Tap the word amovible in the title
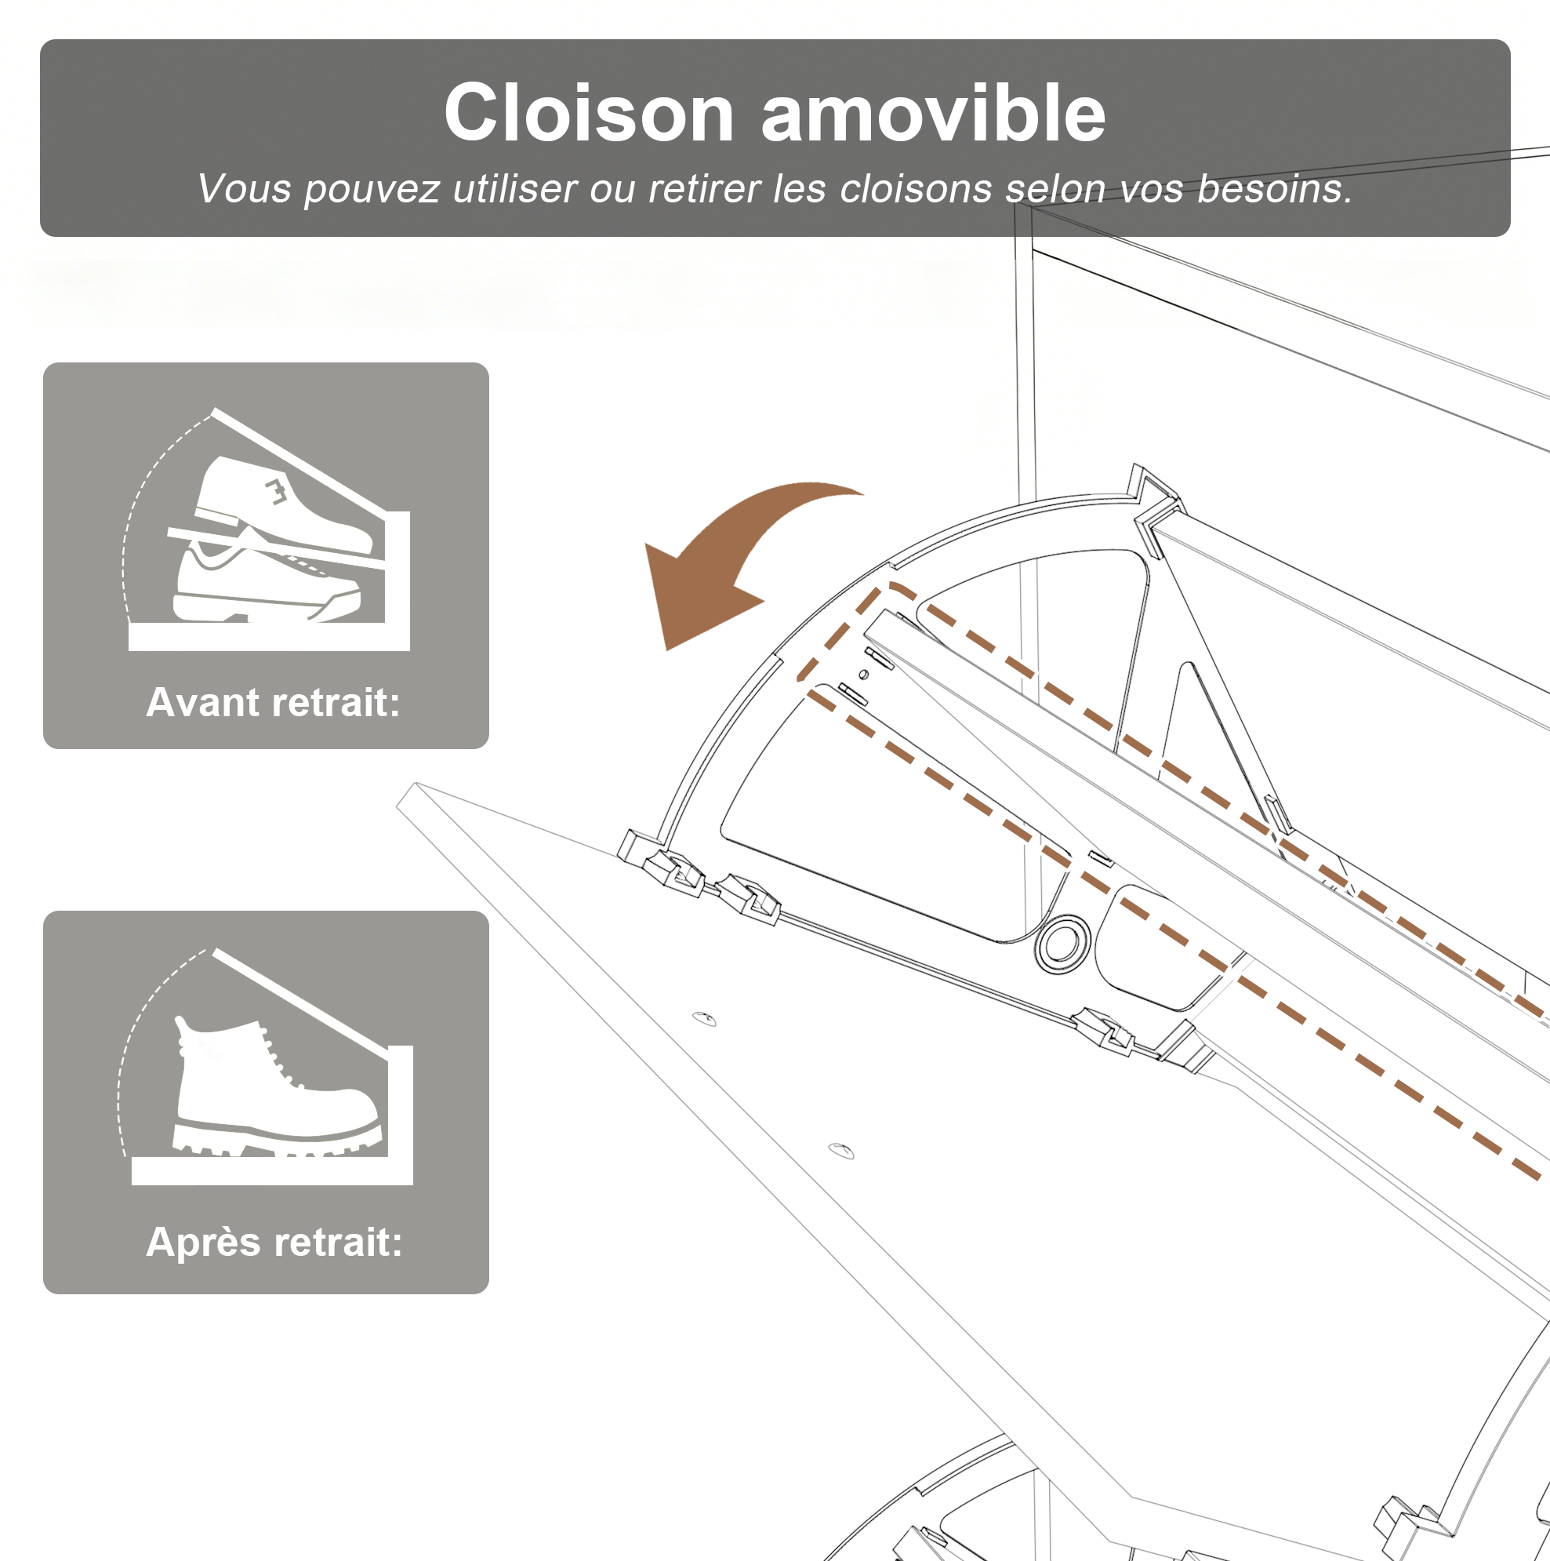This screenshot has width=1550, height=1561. (x=933, y=113)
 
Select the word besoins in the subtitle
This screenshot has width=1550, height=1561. (x=1275, y=189)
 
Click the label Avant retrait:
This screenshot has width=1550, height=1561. (x=273, y=702)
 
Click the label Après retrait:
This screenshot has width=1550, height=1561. (x=274, y=1242)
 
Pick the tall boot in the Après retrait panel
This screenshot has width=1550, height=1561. (x=274, y=1086)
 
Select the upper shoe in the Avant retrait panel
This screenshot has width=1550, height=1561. (x=283, y=504)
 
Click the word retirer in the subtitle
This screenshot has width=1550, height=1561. (x=703, y=189)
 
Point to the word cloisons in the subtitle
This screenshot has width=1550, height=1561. (x=916, y=189)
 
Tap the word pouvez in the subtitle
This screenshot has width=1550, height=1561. (x=372, y=191)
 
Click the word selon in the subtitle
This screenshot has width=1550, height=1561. (x=1056, y=189)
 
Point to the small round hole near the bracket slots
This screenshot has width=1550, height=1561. (x=863, y=674)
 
